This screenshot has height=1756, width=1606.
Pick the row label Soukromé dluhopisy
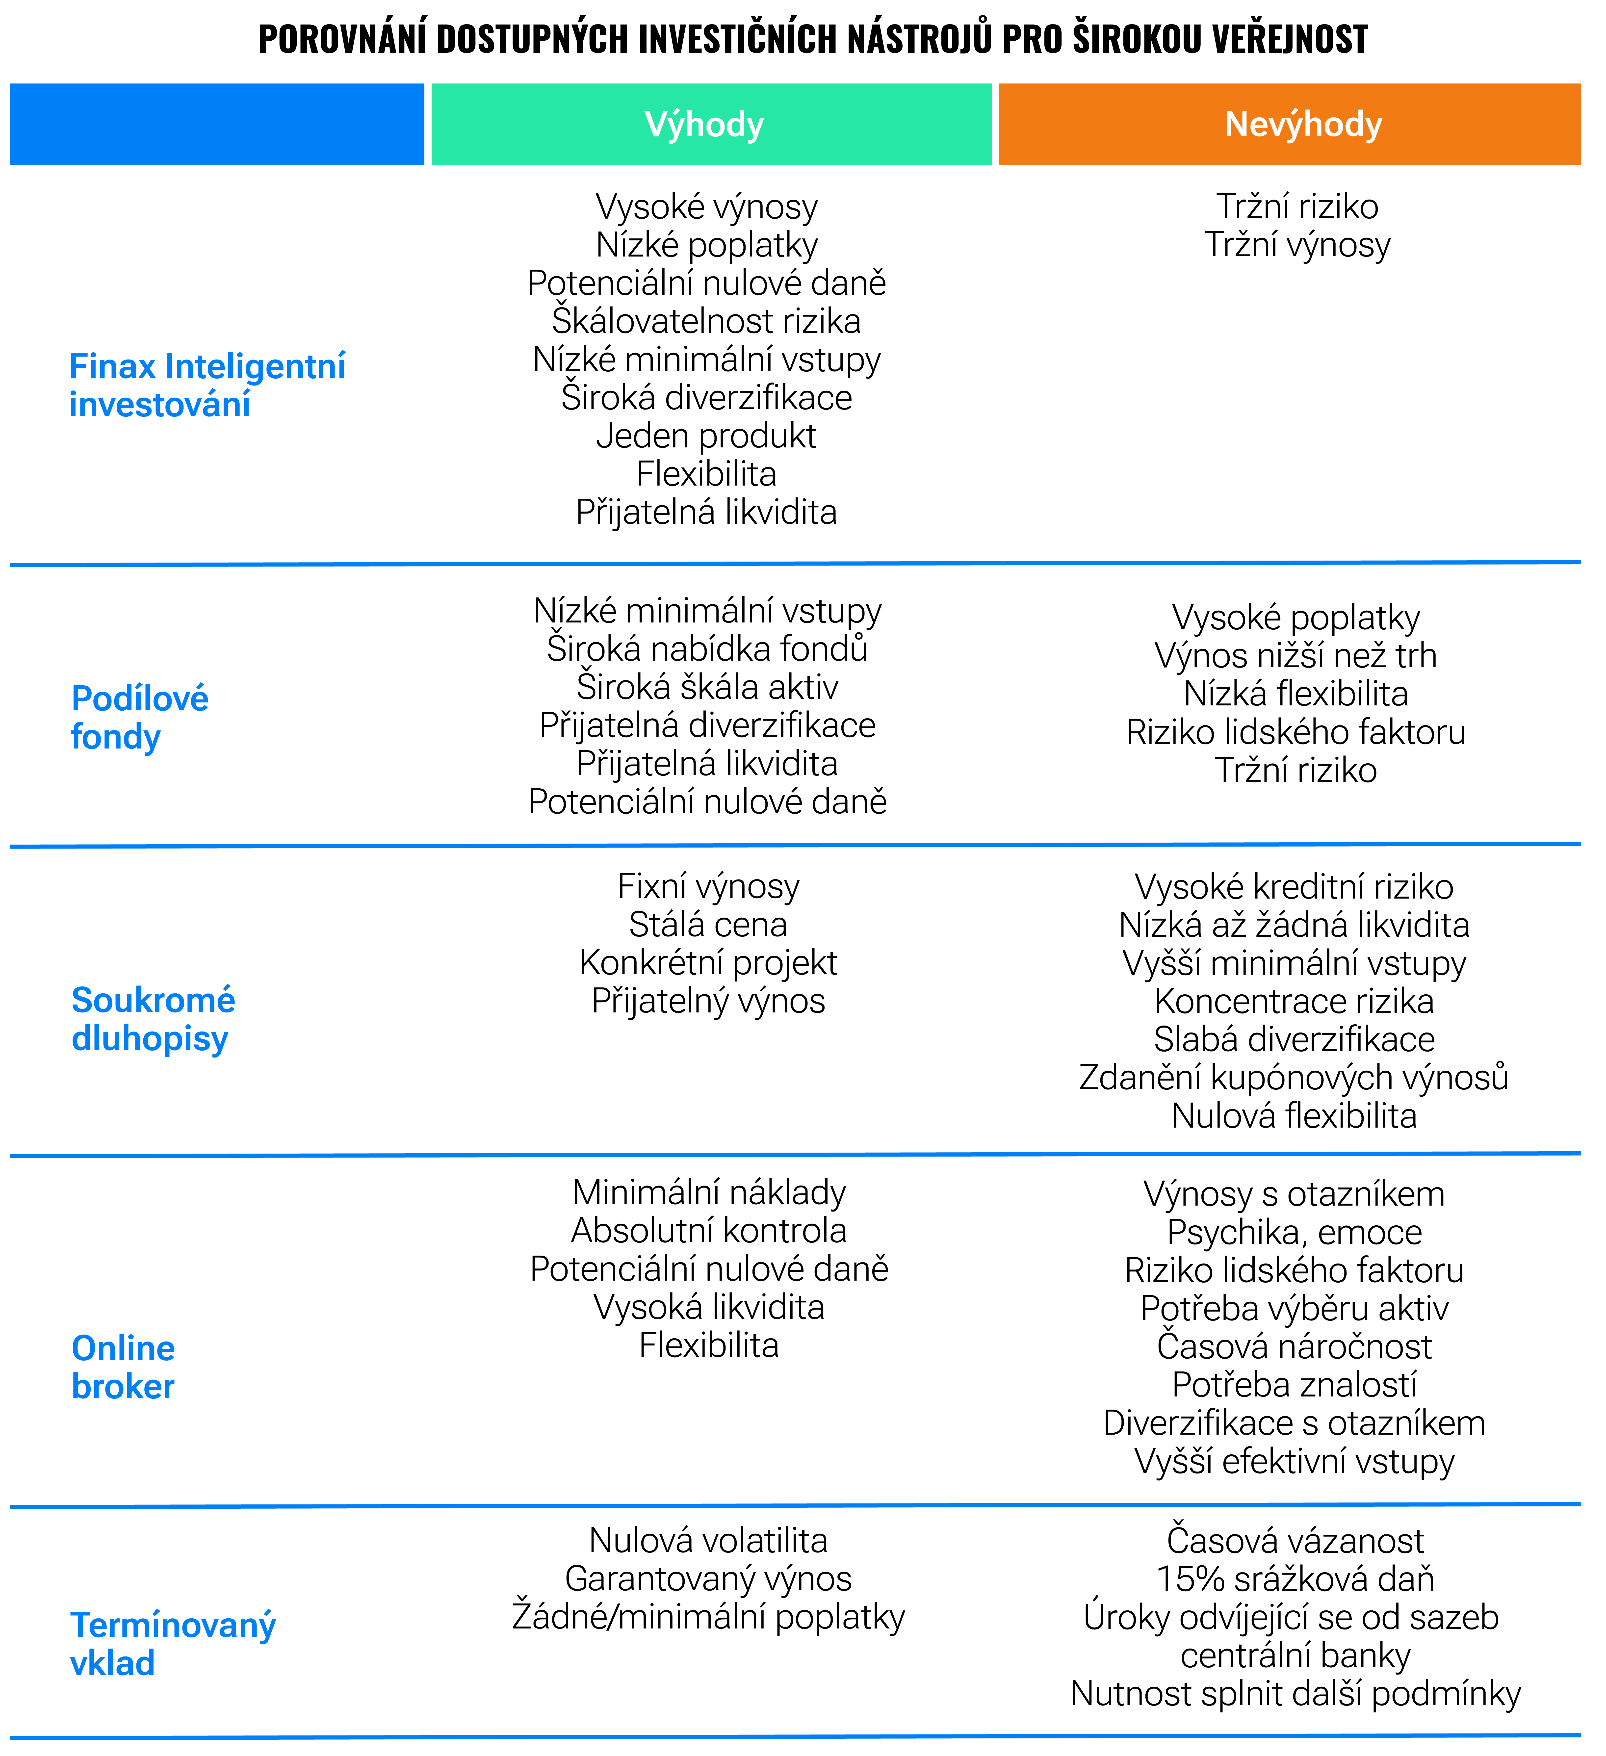[x=153, y=1019]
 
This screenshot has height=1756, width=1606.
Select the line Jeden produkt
[x=706, y=436]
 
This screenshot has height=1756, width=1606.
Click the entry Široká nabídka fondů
[x=707, y=649]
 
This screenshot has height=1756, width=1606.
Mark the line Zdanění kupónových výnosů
[x=1294, y=1078]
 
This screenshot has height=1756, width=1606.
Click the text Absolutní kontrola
[x=709, y=1231]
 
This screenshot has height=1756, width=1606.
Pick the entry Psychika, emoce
[x=1294, y=1233]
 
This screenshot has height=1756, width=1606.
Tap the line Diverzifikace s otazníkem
[x=1294, y=1423]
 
